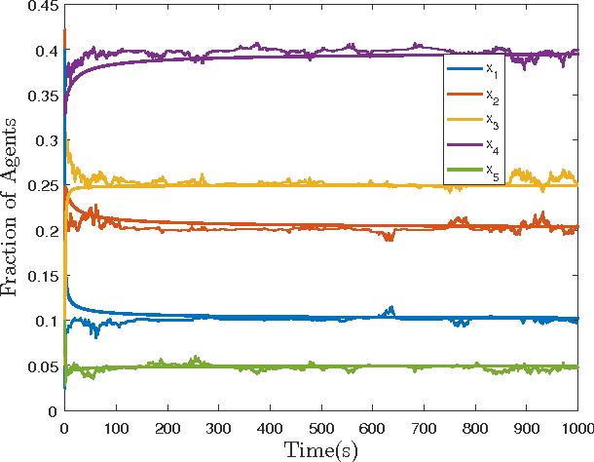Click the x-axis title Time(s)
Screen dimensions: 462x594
[x=320, y=449]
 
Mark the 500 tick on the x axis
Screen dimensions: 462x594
[x=320, y=426]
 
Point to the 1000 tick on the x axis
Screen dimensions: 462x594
[x=575, y=426]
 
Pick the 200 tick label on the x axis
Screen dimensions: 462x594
[x=167, y=426]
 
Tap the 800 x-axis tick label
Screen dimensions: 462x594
[x=474, y=426]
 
